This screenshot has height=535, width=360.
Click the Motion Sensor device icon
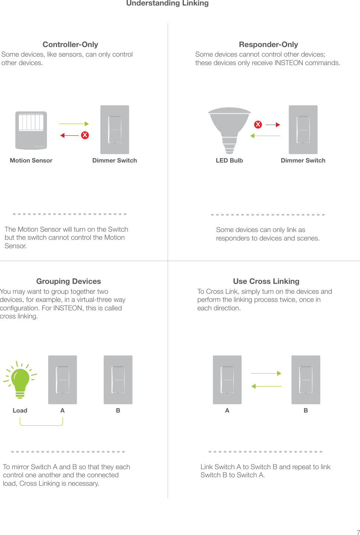(31, 130)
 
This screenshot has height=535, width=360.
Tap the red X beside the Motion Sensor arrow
(85, 135)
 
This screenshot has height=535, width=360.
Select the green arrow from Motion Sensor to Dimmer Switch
(74, 124)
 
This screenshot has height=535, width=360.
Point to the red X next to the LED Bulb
(258, 125)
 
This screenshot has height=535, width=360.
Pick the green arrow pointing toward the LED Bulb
(265, 136)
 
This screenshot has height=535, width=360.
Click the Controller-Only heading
(70, 44)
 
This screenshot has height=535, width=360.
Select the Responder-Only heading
(268, 44)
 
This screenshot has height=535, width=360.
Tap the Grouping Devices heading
(68, 281)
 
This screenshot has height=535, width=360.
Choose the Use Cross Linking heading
(266, 281)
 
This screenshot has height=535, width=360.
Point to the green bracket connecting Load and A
(41, 424)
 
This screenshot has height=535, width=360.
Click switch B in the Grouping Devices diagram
(118, 380)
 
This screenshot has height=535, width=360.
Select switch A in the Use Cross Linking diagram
(227, 380)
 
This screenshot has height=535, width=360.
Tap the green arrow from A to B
(266, 373)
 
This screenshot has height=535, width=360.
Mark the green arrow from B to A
(266, 386)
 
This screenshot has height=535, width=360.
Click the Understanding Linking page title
(167, 3)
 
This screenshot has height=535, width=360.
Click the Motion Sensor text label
(31, 160)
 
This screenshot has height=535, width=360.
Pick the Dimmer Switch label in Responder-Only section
(303, 160)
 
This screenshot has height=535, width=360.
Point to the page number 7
(358, 532)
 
